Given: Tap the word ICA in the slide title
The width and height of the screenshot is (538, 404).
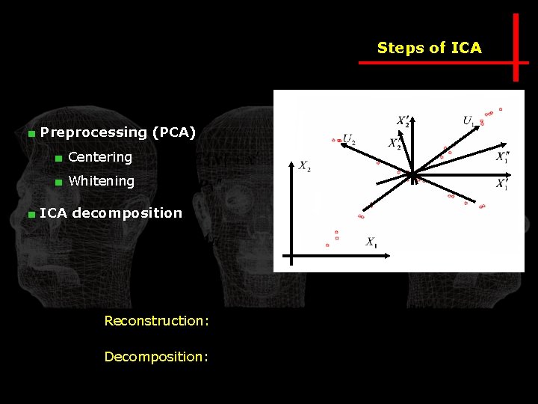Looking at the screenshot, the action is click(x=467, y=49).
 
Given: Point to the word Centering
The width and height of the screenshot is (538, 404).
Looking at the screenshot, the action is click(x=100, y=157).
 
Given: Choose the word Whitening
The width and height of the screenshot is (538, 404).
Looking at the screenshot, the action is click(x=101, y=181).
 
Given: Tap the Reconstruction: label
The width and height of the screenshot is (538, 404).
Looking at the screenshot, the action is click(x=156, y=321).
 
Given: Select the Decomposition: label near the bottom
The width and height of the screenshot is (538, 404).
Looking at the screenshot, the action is click(x=156, y=357).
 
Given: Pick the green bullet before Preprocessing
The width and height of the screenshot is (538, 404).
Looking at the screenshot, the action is click(x=31, y=134).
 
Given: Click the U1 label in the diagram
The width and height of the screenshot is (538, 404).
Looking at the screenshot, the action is click(x=469, y=120).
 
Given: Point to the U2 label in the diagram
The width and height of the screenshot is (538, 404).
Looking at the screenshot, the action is click(x=349, y=138).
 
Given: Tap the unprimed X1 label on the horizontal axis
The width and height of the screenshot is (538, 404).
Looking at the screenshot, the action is click(x=371, y=242).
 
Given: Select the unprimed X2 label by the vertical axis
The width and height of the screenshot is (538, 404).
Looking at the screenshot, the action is click(x=305, y=166).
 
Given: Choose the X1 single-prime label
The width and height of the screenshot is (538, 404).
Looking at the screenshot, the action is click(x=502, y=184).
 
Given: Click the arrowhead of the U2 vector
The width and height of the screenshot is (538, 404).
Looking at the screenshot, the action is click(x=342, y=145).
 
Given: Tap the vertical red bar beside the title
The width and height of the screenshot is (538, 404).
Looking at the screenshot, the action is click(x=516, y=46).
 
